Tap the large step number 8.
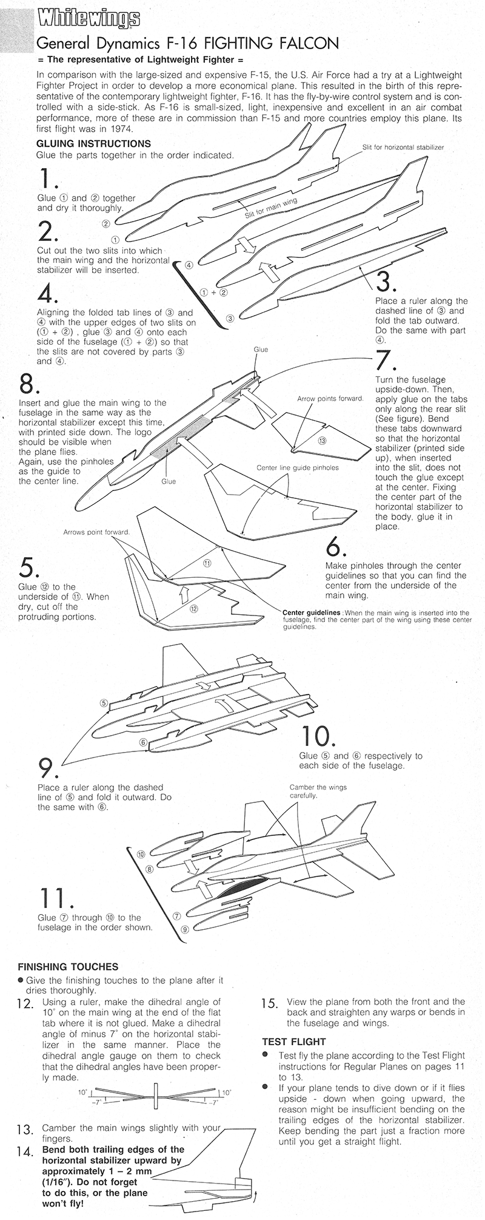click(29, 384)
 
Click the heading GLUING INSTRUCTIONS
click(93, 144)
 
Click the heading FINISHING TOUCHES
click(68, 966)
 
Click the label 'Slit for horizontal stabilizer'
click(403, 147)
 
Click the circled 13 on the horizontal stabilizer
click(321, 440)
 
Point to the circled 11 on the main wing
click(207, 563)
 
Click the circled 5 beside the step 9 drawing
click(104, 703)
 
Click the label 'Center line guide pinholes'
click(297, 468)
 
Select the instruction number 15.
click(269, 1003)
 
